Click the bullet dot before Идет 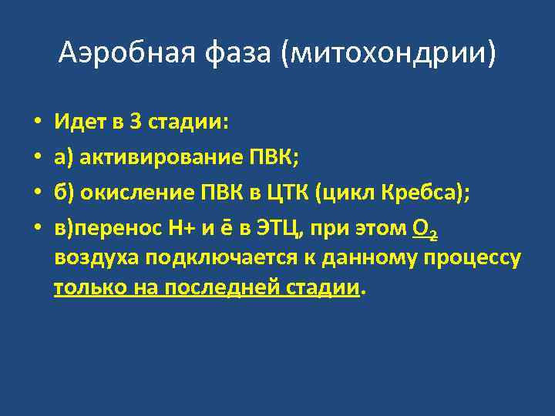(x=36, y=122)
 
